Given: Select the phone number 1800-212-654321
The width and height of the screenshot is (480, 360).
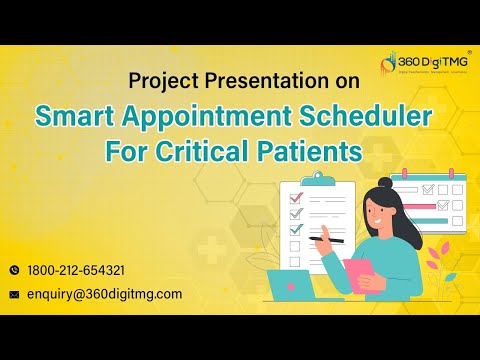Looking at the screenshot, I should (x=75, y=270).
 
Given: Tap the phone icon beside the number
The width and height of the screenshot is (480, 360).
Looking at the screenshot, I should (x=14, y=270).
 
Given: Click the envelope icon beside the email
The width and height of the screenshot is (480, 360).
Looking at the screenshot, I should (x=14, y=294).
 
